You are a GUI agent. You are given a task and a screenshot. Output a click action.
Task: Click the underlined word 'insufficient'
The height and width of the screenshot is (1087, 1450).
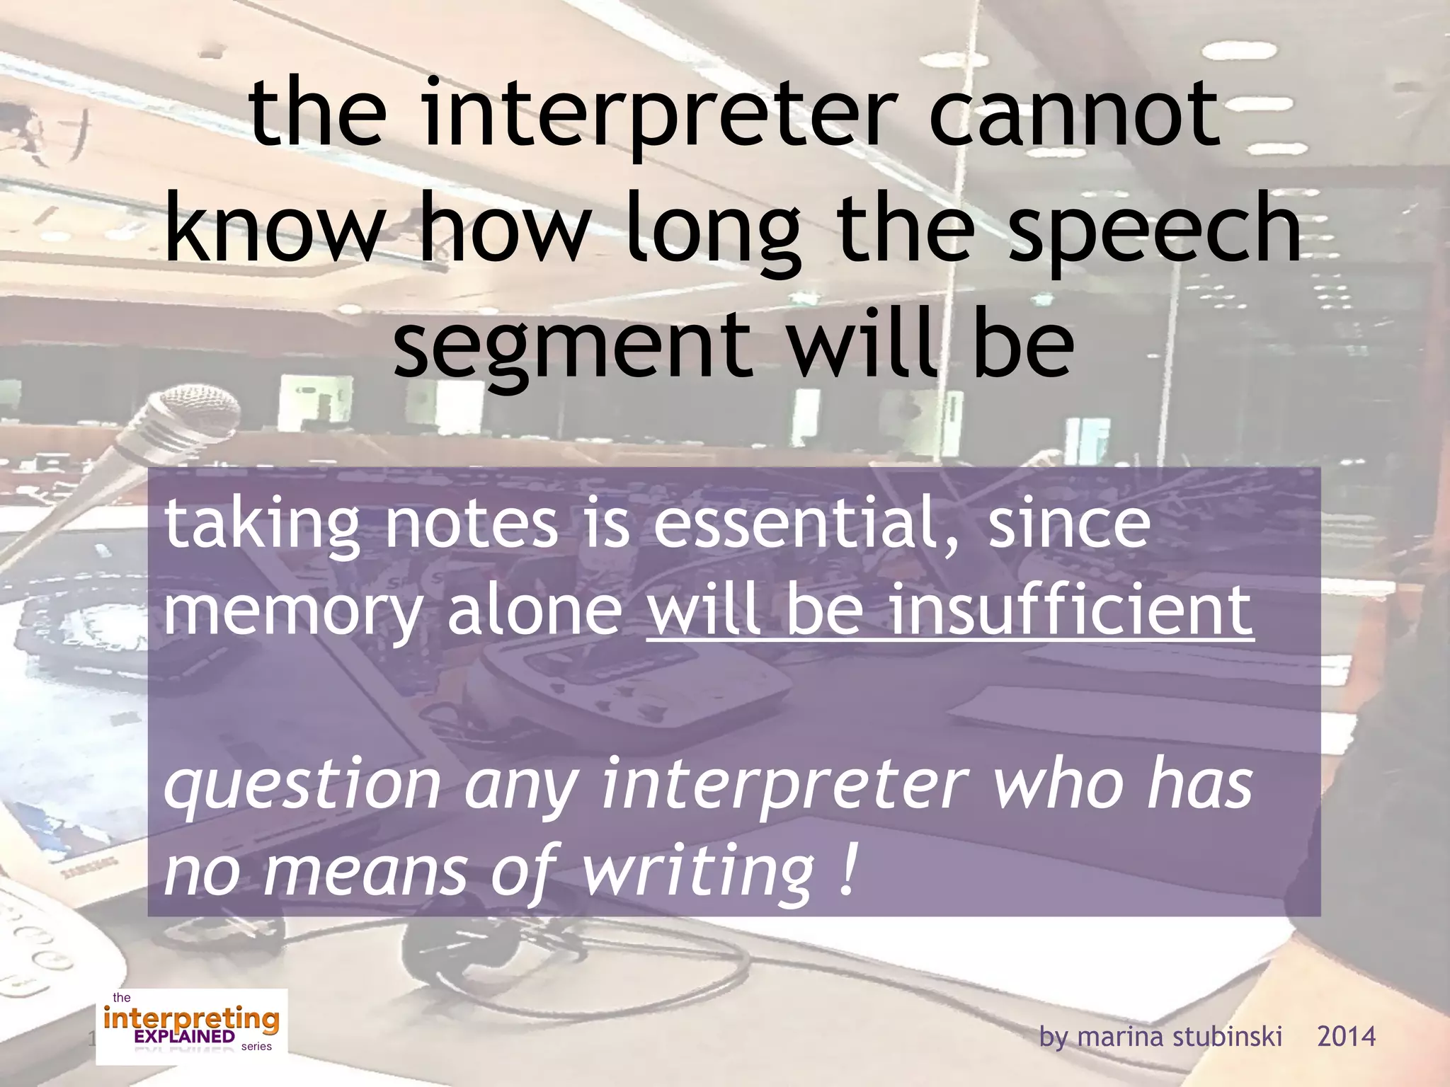(x=1071, y=609)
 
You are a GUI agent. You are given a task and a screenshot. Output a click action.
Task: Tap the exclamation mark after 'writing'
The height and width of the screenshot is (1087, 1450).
(x=848, y=869)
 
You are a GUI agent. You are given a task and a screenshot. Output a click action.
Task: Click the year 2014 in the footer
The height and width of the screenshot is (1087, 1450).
(x=1346, y=1037)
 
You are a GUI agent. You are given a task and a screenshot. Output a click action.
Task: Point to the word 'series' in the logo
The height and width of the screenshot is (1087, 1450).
(x=256, y=1047)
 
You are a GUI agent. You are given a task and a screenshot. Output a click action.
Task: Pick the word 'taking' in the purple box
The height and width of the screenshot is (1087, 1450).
(x=262, y=527)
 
